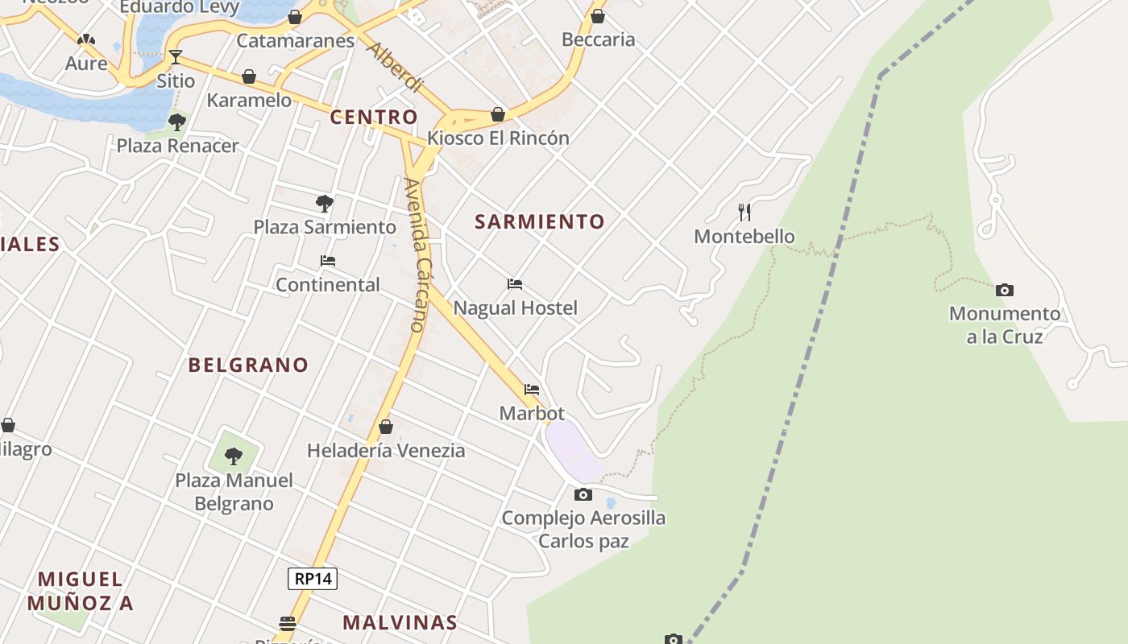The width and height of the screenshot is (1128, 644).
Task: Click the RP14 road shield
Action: coord(313,578)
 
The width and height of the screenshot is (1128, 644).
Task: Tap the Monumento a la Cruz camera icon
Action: coord(1004,290)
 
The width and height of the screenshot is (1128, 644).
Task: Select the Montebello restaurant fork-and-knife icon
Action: coord(744,213)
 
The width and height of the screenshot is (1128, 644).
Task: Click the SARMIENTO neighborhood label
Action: coord(539,221)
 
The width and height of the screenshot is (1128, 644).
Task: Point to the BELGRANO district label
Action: coord(248,365)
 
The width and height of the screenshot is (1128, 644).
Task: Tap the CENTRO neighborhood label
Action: coord(374,117)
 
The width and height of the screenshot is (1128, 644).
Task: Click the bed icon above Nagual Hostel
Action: coord(515,284)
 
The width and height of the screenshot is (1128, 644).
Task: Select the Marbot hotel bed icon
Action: coord(532,390)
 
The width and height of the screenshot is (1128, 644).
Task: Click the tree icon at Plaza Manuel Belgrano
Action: coord(234,456)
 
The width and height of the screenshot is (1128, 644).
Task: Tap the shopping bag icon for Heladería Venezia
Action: coord(386,427)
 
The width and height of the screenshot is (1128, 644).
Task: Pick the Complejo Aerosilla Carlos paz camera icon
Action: coord(583,494)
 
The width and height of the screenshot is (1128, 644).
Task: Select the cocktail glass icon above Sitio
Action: coord(176,57)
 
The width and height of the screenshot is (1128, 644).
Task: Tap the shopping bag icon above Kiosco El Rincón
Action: coord(498,114)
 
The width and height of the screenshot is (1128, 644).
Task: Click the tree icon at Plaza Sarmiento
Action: coord(325,203)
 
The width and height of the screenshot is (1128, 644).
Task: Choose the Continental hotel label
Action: coord(328,284)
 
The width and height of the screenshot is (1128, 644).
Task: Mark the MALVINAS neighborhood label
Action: coord(400,622)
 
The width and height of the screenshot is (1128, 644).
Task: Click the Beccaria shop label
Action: coord(598,39)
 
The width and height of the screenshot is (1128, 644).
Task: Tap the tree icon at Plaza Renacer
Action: coord(177,122)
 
